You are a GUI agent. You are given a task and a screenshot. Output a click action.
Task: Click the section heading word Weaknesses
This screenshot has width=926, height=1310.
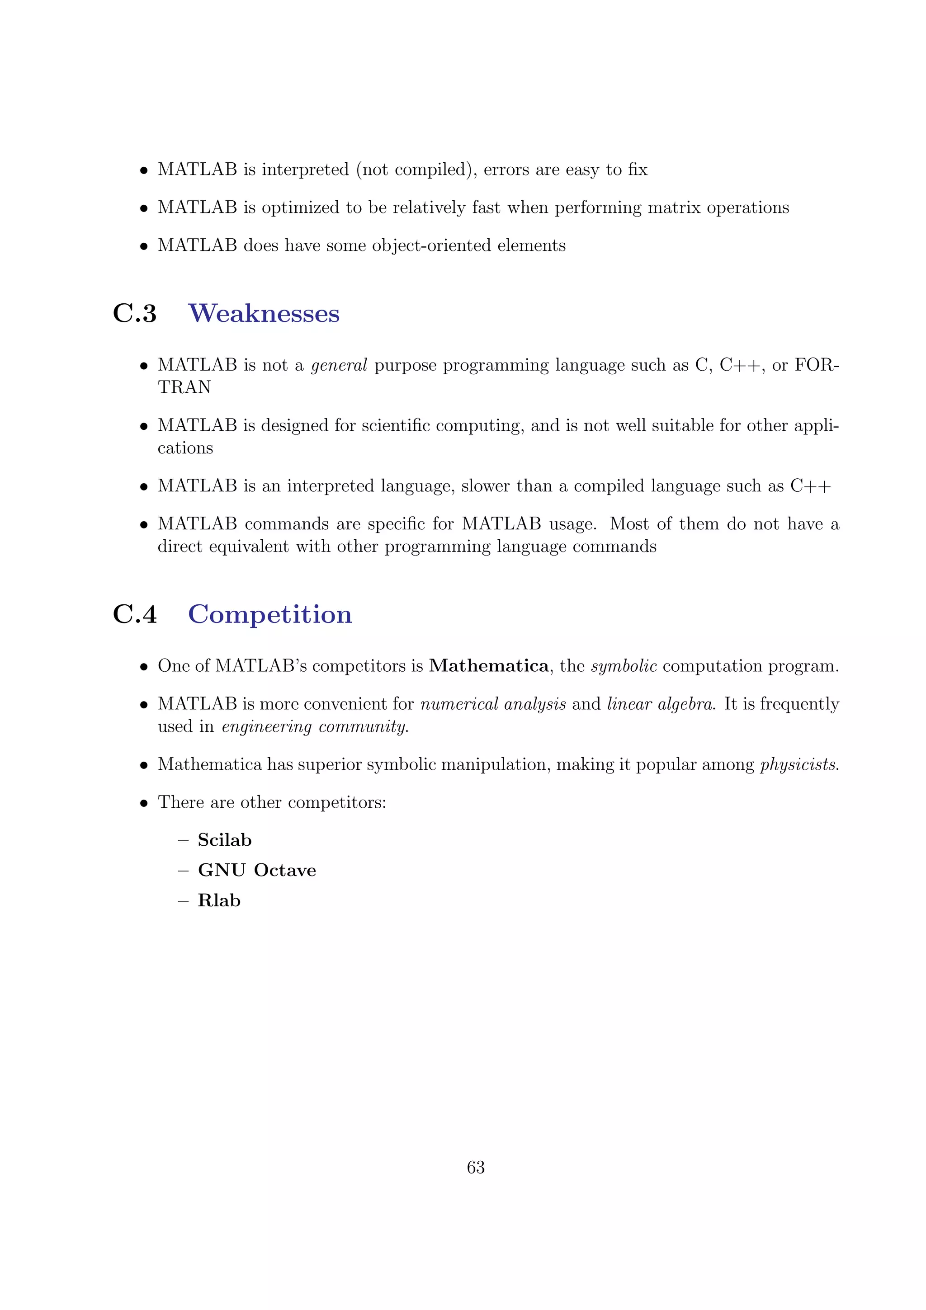pos(264,313)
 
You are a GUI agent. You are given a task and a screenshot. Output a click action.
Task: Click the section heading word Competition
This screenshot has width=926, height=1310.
pos(270,614)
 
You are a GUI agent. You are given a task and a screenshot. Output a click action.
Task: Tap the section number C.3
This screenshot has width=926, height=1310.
pos(135,313)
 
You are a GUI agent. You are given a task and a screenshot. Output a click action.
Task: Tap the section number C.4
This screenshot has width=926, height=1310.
pos(135,614)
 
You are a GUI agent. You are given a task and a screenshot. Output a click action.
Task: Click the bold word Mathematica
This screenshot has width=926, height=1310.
pos(488,666)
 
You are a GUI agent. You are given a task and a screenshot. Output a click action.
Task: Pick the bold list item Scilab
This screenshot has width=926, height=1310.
pos(224,840)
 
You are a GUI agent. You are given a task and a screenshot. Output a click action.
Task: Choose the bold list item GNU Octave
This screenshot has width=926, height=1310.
pos(257,870)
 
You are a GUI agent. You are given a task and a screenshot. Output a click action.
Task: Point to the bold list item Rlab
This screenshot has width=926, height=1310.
pos(219,900)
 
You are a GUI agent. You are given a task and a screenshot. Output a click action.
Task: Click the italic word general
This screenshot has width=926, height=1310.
pos(339,366)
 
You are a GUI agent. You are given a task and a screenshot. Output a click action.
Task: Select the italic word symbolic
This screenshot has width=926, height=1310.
pos(624,666)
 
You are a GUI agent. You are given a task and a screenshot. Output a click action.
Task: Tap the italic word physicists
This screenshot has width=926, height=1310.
pos(799,764)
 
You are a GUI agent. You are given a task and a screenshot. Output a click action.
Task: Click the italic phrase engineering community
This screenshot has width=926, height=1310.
pos(315,727)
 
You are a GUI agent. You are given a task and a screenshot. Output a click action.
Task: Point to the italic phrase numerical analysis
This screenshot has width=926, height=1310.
pos(493,704)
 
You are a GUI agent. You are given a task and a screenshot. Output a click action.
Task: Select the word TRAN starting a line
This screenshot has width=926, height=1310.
pos(184,387)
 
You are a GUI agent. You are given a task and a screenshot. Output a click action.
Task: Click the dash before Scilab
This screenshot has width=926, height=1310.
pos(183,840)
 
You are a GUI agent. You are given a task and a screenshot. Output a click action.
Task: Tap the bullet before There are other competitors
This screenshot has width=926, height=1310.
pos(144,803)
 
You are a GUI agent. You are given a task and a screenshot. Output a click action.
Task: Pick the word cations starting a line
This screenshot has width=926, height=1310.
pos(185,448)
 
